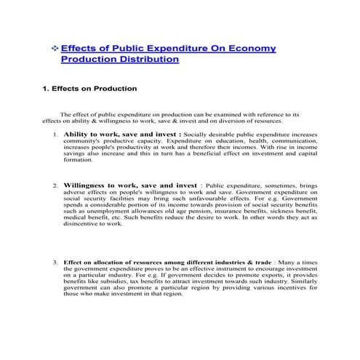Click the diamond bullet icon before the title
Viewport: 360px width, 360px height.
point(55,48)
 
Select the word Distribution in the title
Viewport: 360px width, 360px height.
point(145,59)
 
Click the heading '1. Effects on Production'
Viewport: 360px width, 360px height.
point(89,89)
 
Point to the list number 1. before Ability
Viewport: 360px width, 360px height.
point(55,135)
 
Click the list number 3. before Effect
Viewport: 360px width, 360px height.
point(55,262)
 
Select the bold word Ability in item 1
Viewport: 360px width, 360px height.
point(78,135)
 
